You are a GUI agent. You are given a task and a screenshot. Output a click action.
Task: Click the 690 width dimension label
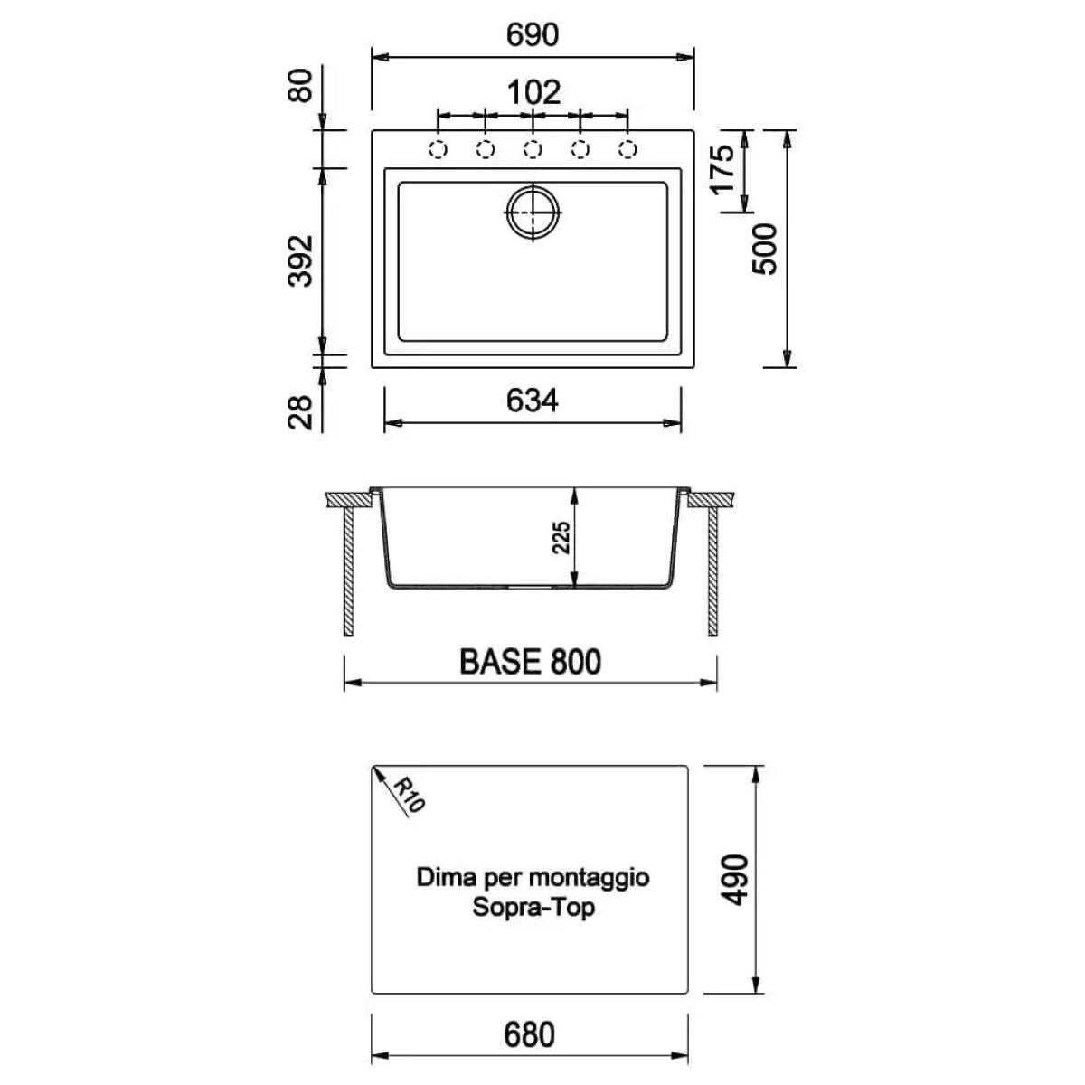(x=532, y=35)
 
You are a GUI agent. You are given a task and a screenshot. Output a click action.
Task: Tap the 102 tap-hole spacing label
(x=533, y=92)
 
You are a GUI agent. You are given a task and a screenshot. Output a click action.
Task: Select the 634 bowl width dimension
(x=532, y=401)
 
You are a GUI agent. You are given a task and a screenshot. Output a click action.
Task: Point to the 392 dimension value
(x=300, y=261)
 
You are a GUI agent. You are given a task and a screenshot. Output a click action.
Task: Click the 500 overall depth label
(x=764, y=249)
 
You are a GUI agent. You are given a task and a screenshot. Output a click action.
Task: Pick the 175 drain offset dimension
(x=723, y=170)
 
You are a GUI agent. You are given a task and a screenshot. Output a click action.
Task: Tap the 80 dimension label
(x=300, y=85)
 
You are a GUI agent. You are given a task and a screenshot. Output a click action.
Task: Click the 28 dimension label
(x=300, y=412)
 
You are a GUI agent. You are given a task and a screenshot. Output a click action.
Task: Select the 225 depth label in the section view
(x=561, y=538)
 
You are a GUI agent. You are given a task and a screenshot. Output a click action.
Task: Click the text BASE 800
(x=531, y=662)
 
